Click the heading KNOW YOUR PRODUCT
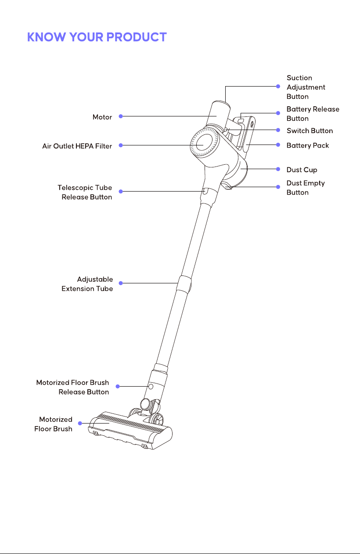coord(97,37)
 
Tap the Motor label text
coord(102,117)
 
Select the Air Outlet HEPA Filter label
coord(77,146)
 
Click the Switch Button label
coord(310,130)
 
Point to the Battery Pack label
coord(308,145)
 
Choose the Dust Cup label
coord(302,170)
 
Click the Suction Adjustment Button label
coord(306,87)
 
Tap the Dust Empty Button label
coord(306,188)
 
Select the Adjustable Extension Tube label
coord(87,284)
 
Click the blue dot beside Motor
coord(121,116)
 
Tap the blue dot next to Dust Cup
coord(278,169)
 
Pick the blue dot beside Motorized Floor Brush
coord(80,424)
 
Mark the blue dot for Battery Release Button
coord(278,113)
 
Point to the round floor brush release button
coord(151,387)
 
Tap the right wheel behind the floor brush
coord(157,420)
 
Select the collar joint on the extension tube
coord(184,284)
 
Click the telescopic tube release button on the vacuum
coord(204,191)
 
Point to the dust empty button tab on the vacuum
coord(227,185)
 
